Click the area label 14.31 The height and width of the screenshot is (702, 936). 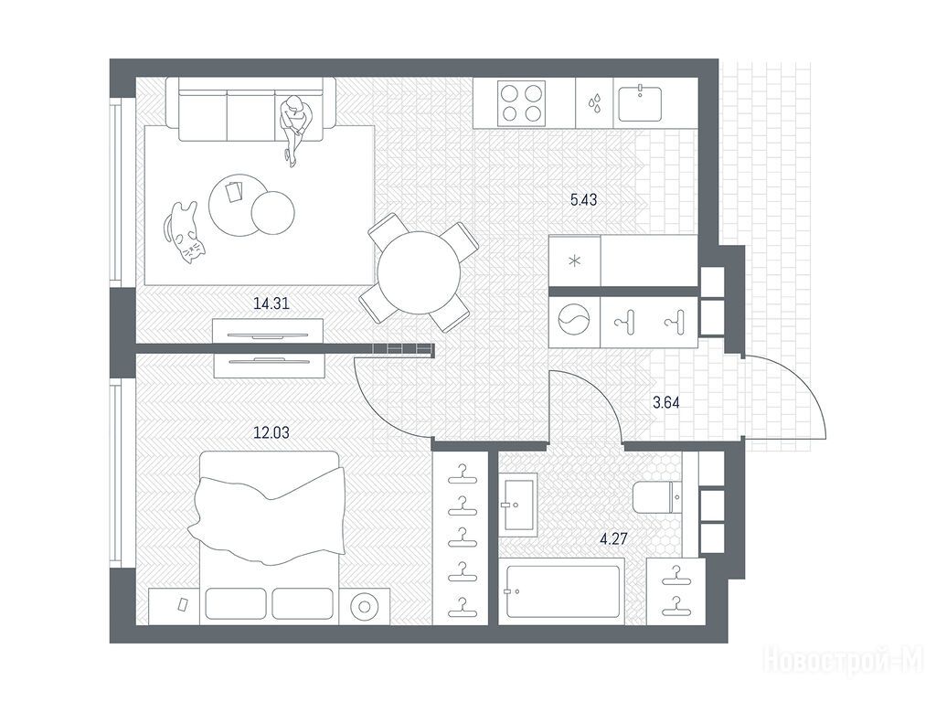coord(271,303)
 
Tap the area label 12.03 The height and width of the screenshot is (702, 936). coord(271,432)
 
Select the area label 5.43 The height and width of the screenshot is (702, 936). coord(583,200)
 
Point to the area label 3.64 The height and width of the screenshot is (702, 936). coord(665,402)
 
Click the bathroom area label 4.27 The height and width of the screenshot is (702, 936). coord(613,539)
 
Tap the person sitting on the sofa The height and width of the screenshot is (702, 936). coord(295,128)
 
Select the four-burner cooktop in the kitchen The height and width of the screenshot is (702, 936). coord(522,102)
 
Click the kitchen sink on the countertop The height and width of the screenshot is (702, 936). coord(640,103)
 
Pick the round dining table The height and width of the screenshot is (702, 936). coord(419,272)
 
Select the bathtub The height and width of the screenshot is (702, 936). coord(563,591)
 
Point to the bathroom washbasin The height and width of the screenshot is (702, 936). coord(517,502)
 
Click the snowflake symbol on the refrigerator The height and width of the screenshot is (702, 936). coord(574,261)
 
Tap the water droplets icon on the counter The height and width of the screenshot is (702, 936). coord(595,102)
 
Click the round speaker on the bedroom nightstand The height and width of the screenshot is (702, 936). coord(364,607)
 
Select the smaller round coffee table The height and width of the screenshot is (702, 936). coord(272,212)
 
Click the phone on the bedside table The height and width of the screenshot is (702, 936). coord(183,604)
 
